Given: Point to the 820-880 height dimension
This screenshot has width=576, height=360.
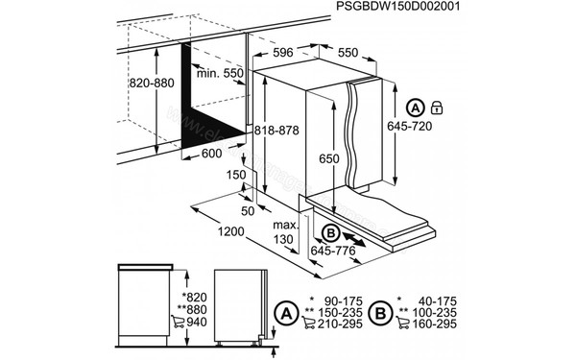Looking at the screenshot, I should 151,84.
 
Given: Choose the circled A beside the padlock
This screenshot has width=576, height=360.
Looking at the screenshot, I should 415,107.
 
